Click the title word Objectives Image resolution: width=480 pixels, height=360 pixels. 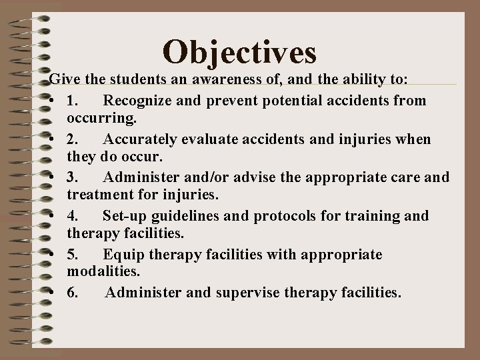(x=239, y=52)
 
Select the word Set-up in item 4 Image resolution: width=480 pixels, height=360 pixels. (x=125, y=216)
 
